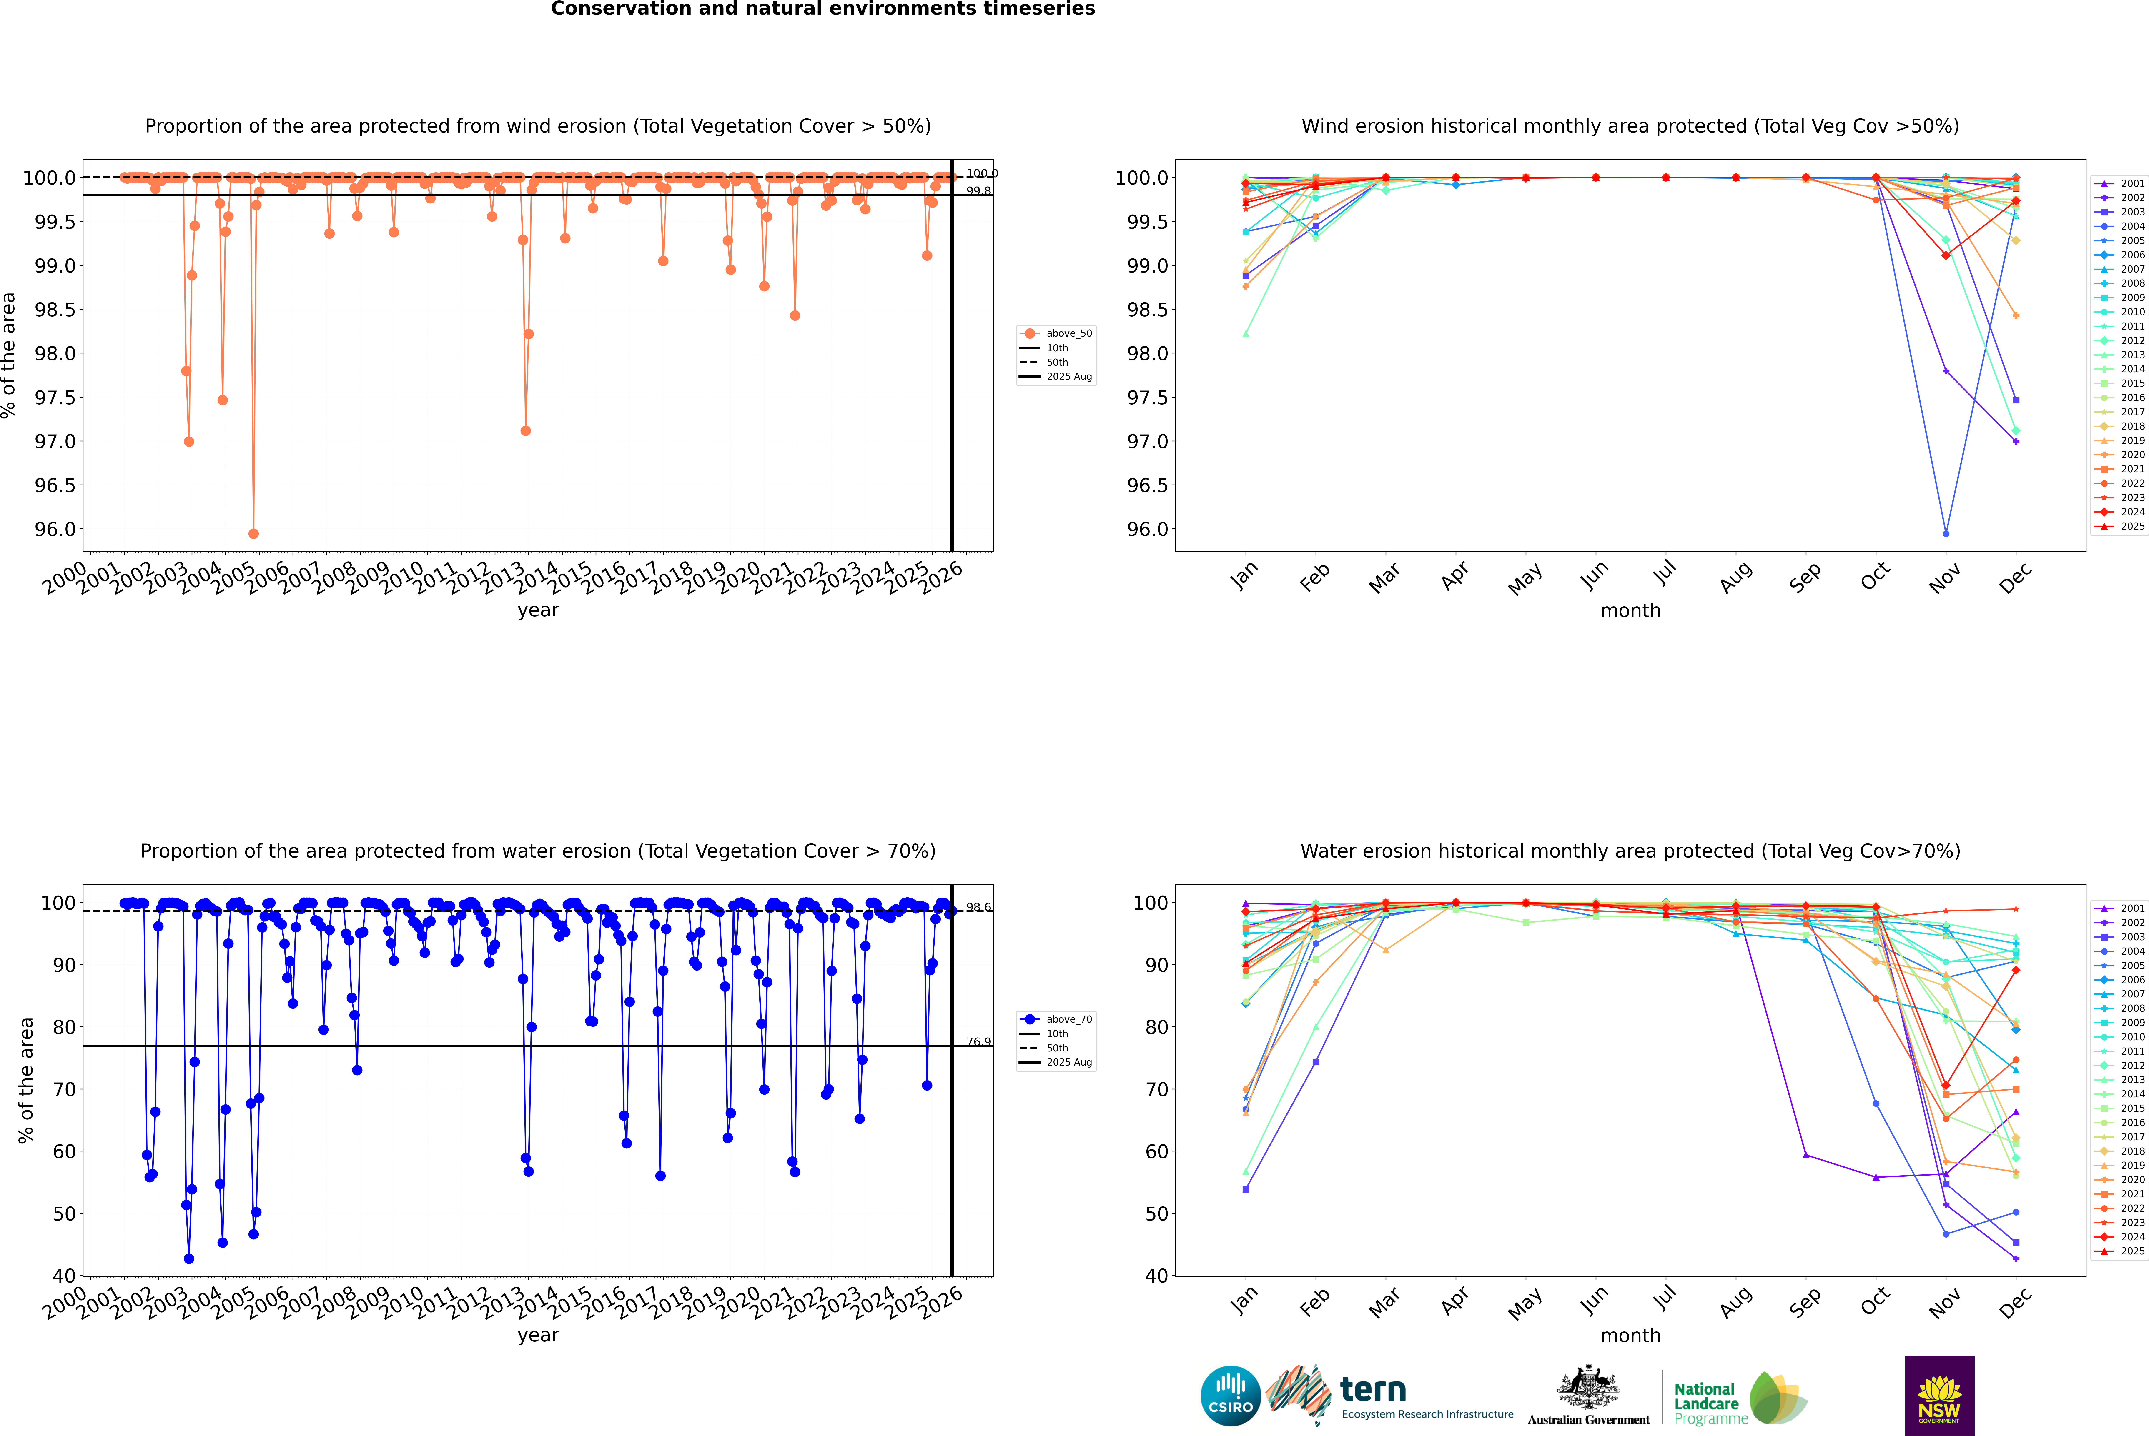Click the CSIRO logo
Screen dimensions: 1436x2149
click(1230, 1396)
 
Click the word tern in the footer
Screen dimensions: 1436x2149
click(1372, 1390)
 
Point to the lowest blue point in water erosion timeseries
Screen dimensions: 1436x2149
click(189, 1258)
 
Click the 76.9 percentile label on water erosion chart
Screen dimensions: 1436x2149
click(978, 1042)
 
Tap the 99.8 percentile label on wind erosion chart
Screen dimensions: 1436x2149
click(978, 191)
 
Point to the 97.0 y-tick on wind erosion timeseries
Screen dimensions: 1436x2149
click(55, 441)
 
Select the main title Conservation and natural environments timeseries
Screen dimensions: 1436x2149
click(822, 9)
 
